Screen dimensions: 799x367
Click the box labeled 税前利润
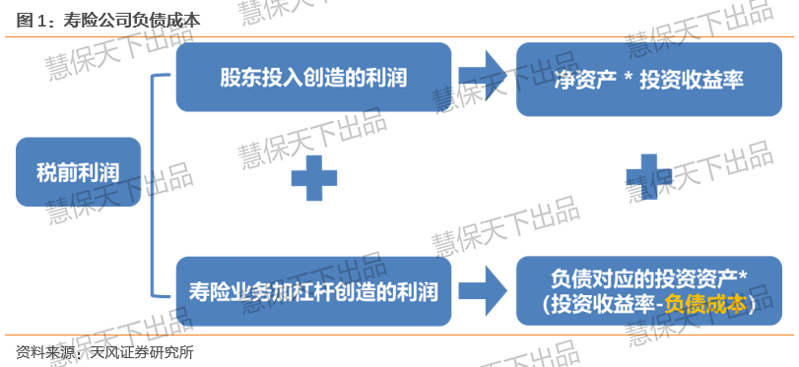(x=78, y=172)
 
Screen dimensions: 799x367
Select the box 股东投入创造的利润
(x=313, y=78)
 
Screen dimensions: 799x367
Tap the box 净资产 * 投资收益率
(x=648, y=80)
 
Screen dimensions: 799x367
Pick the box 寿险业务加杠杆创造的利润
(x=313, y=291)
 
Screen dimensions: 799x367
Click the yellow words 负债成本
(x=705, y=304)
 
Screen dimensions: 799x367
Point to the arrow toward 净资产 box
(x=482, y=76)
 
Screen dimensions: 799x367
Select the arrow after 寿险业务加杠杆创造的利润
(x=482, y=290)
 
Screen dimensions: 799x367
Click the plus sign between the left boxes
(x=314, y=178)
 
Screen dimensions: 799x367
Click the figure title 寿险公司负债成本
(x=131, y=21)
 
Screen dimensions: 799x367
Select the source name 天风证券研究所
(x=141, y=352)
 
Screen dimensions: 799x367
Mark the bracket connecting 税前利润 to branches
(x=153, y=185)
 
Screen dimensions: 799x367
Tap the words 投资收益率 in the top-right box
(x=692, y=81)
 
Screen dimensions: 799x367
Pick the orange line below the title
(x=400, y=36)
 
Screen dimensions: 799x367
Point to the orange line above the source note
(x=400, y=335)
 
